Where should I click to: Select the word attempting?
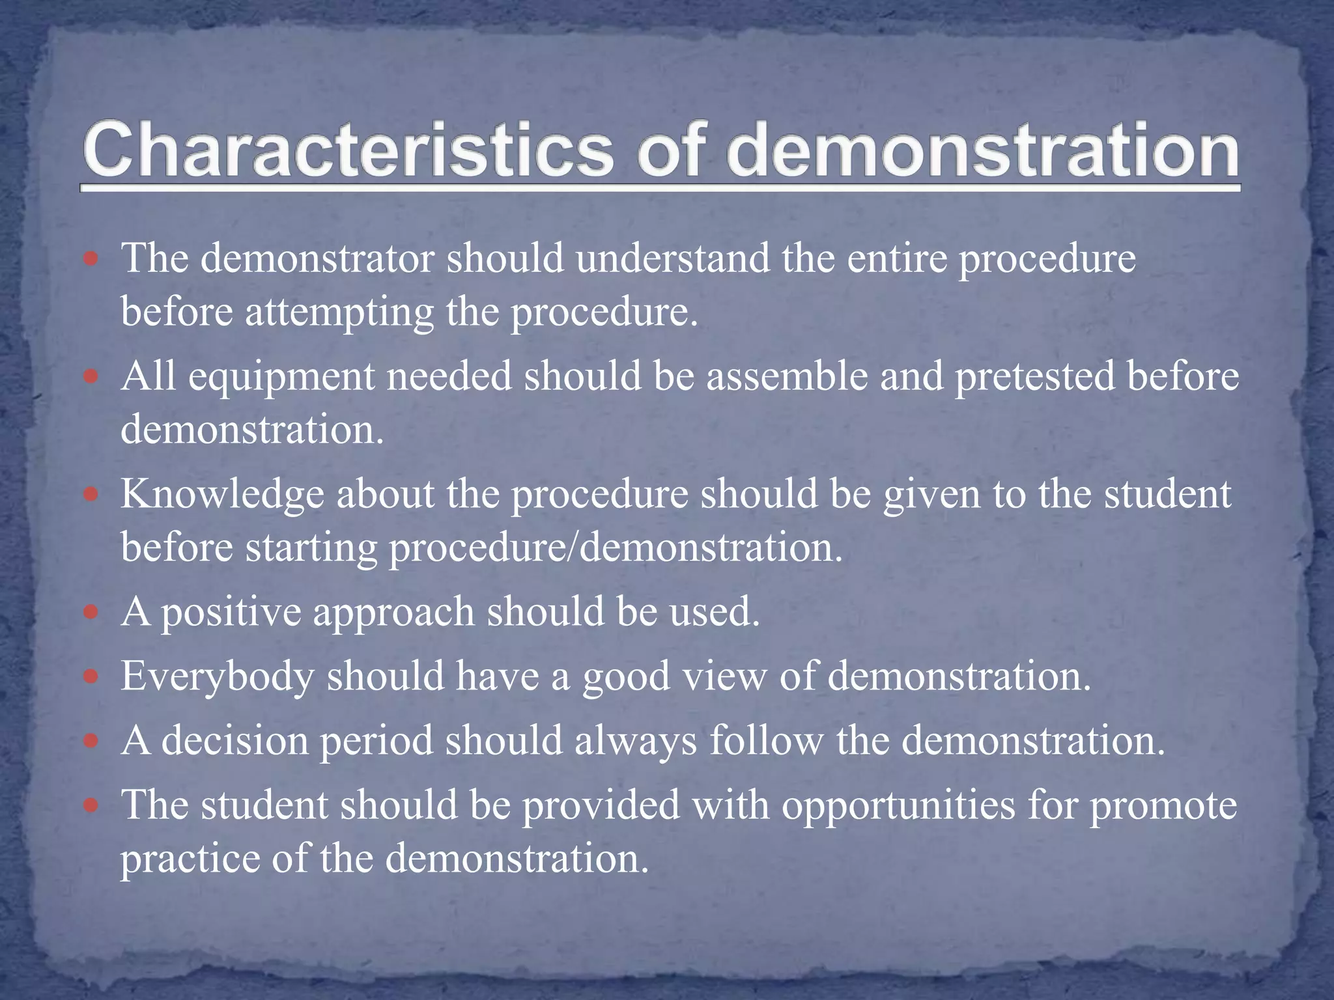coord(339,313)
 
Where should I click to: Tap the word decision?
coord(234,742)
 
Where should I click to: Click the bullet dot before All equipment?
coord(91,377)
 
